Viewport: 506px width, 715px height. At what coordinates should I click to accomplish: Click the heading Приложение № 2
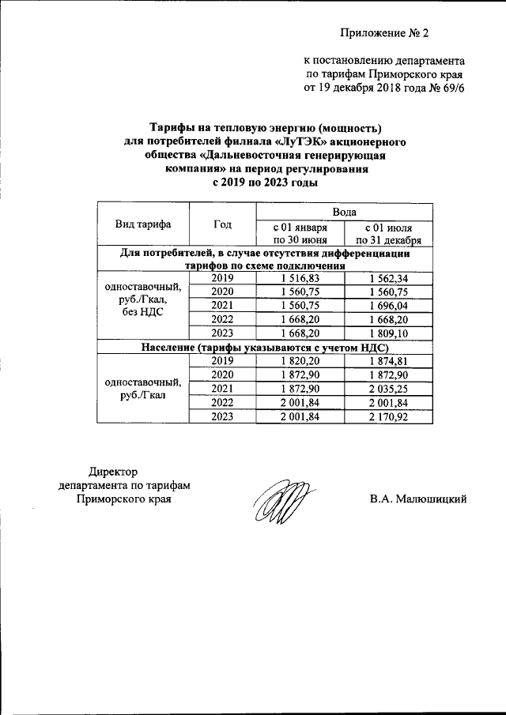(383, 33)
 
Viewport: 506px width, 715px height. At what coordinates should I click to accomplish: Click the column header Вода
(343, 212)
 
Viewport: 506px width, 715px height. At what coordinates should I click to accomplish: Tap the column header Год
(222, 224)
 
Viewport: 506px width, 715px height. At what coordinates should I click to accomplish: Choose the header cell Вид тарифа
(143, 224)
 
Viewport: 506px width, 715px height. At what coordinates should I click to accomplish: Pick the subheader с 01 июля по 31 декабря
(388, 235)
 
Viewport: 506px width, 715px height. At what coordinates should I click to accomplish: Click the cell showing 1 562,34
(388, 278)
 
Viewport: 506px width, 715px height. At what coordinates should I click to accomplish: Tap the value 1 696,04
(388, 305)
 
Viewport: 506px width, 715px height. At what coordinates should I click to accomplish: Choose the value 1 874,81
(388, 360)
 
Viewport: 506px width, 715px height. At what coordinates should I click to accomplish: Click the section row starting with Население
(265, 347)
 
